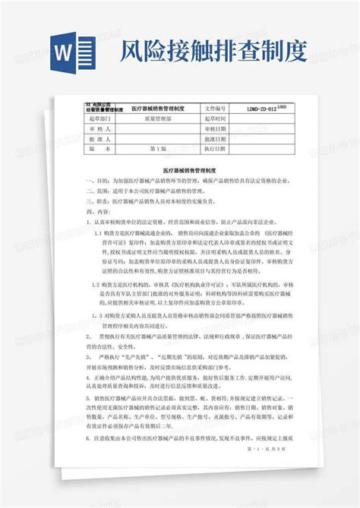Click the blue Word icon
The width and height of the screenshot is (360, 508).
tap(68, 55)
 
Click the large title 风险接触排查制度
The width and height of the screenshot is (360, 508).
tap(212, 54)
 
